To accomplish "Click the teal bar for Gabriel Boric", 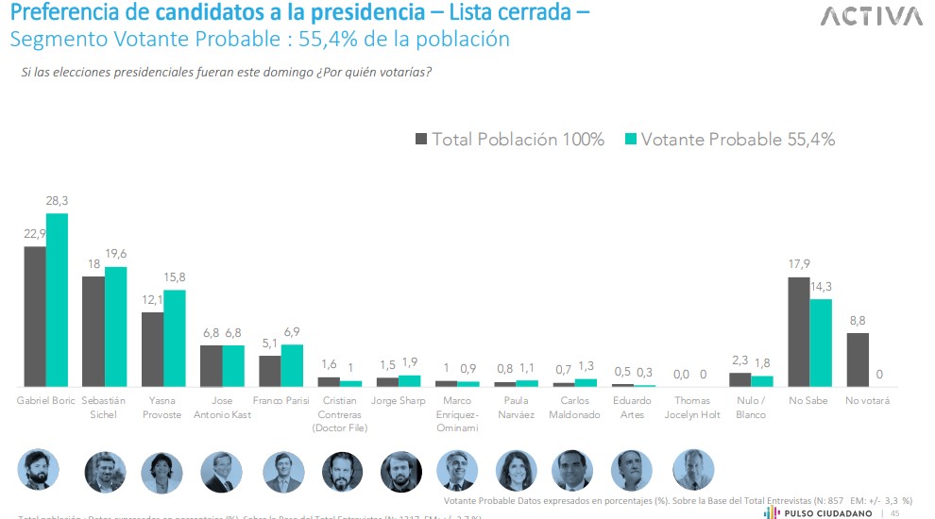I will (x=58, y=300).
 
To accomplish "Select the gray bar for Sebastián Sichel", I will (x=93, y=331).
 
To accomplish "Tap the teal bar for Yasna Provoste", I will (x=175, y=338).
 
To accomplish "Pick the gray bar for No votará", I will (x=857, y=360).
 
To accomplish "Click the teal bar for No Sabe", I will (x=821, y=343).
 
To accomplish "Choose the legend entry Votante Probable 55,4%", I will (x=729, y=140).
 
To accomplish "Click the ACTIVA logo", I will (x=871, y=17).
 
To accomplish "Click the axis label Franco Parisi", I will (x=281, y=401).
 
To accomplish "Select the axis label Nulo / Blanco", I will (x=751, y=407).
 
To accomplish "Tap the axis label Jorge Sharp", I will (x=399, y=401).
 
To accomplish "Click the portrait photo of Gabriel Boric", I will (x=39, y=469).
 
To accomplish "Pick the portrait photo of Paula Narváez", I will (x=517, y=469).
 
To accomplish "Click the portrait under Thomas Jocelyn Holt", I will (x=692, y=469).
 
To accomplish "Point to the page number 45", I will (x=894, y=512).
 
